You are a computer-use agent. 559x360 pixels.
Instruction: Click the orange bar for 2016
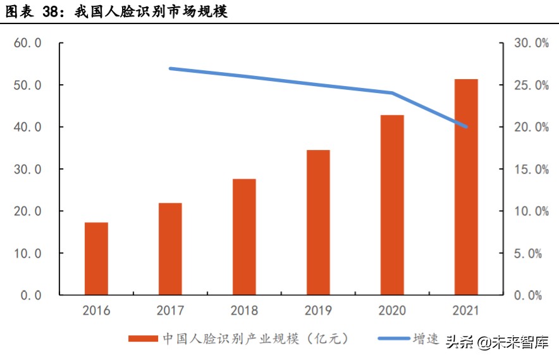[x=96, y=258]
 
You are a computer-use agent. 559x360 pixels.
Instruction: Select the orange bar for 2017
[x=170, y=249]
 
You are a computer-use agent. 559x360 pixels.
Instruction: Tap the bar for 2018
[x=244, y=237]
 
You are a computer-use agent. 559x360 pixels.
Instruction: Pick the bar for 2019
[x=318, y=222]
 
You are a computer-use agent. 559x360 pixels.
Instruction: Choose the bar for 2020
[x=392, y=205]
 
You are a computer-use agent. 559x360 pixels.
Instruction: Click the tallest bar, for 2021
[x=466, y=187]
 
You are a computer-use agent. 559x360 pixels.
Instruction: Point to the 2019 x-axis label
[x=318, y=311]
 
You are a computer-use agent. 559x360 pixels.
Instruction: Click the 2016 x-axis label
[x=96, y=311]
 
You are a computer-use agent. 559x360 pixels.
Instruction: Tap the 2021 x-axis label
[x=466, y=311]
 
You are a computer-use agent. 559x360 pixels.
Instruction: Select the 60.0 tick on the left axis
[x=27, y=44]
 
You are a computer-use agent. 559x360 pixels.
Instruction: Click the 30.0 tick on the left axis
[x=27, y=170]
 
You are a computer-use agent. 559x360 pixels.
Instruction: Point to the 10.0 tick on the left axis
[x=27, y=253]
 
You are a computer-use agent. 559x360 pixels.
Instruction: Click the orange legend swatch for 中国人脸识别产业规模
[x=143, y=338]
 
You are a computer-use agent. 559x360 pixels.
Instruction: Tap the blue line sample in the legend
[x=393, y=338]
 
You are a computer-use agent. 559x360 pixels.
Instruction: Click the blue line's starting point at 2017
[x=170, y=68]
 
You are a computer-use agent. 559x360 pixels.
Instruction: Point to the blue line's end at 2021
[x=466, y=127]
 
